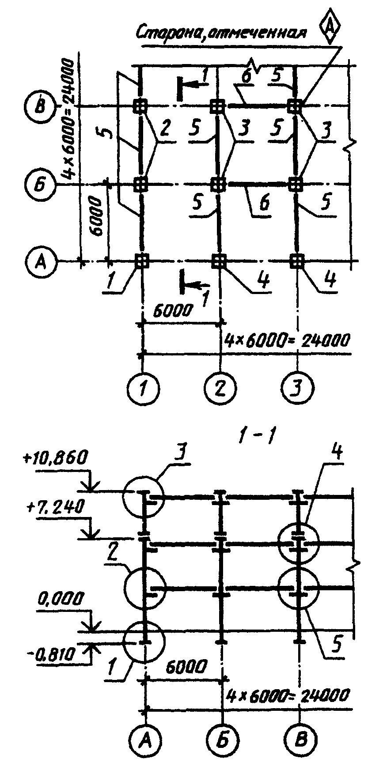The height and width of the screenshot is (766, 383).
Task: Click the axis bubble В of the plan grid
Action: coord(39,106)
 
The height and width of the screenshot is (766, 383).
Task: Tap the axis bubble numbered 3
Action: coord(298,388)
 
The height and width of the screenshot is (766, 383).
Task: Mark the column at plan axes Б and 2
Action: coord(217,183)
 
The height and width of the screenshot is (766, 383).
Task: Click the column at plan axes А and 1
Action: coord(141,260)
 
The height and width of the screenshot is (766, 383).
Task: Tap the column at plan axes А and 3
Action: coord(295,260)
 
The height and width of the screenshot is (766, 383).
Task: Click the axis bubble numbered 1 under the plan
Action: coord(143,388)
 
